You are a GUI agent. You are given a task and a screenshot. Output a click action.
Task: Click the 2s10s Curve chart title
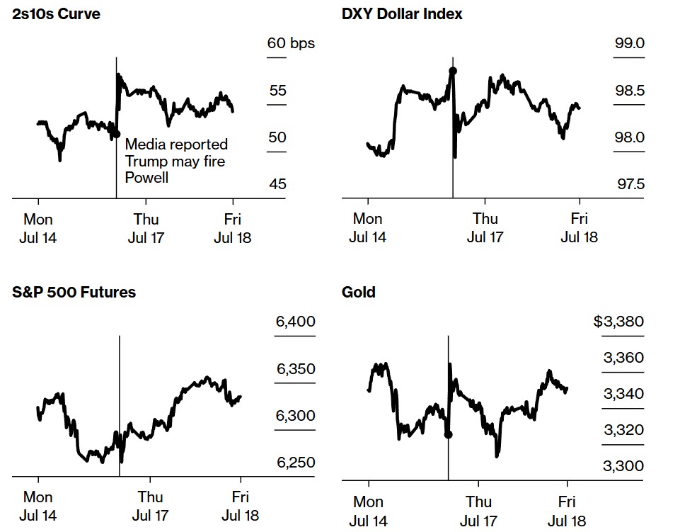tap(56, 13)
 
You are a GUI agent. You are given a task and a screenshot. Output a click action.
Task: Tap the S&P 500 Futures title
tap(74, 291)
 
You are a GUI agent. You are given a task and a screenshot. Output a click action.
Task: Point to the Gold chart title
tap(359, 291)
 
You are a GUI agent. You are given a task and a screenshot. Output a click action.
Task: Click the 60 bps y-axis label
tap(291, 43)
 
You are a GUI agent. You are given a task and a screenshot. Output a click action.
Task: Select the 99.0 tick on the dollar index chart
tap(630, 43)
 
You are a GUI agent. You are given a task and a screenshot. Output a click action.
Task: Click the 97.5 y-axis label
tap(630, 185)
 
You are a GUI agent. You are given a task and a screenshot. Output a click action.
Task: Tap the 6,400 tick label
tap(295, 322)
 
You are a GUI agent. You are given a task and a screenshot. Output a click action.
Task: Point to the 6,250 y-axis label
tap(295, 463)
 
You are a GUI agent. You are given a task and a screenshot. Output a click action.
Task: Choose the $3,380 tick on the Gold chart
tap(618, 322)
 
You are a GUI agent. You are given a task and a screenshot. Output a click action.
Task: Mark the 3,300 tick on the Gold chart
tap(623, 465)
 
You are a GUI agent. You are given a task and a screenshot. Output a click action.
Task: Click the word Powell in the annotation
tap(146, 178)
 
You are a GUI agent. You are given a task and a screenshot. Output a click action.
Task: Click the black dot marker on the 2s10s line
tap(116, 134)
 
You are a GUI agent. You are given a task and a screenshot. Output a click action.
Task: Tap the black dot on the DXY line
tap(453, 70)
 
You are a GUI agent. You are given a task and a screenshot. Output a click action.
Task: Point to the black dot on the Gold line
tap(448, 434)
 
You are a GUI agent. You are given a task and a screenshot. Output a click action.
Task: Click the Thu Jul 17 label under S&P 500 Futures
tap(151, 506)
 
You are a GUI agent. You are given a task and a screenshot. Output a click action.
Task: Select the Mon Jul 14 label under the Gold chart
tap(368, 511)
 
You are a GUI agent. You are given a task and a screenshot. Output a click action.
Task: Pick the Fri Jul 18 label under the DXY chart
tap(579, 227)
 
